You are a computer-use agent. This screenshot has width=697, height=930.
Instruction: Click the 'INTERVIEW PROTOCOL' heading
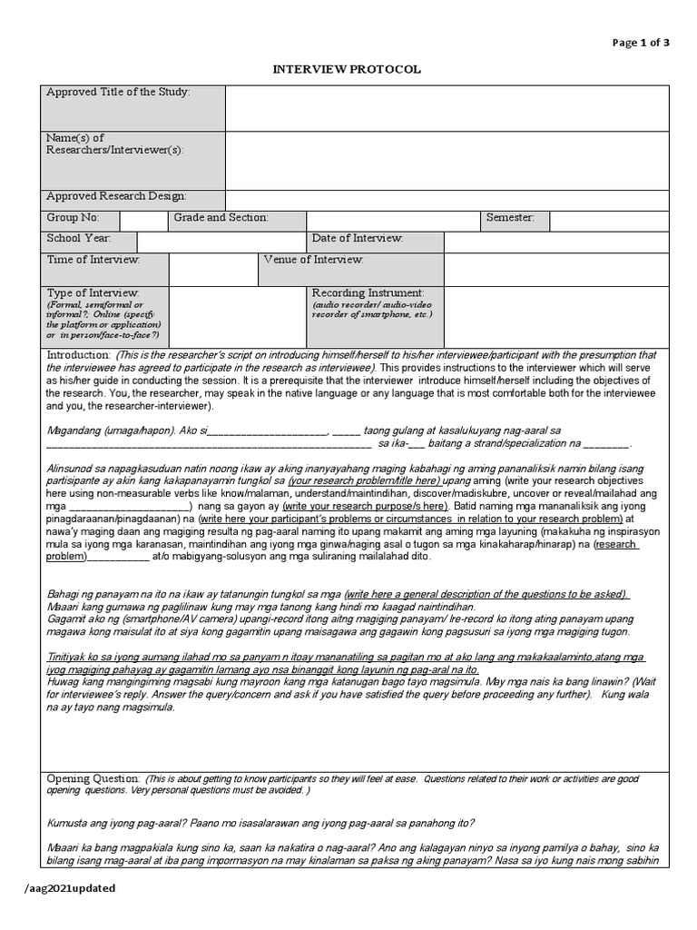(348, 70)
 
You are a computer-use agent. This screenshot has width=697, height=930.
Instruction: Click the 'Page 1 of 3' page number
(641, 43)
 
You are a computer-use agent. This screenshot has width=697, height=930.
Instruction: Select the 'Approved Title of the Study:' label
(118, 93)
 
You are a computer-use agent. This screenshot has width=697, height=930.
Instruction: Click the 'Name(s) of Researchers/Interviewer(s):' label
(114, 143)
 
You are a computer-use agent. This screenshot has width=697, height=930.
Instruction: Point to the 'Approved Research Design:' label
(116, 196)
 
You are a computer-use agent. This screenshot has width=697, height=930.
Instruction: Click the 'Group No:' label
(72, 218)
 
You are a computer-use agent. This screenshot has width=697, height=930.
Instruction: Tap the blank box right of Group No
(143, 221)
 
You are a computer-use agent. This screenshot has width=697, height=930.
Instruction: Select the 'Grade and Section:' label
(221, 218)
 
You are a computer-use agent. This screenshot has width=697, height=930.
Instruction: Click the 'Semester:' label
(510, 218)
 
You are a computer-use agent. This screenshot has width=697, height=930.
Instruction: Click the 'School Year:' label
(79, 238)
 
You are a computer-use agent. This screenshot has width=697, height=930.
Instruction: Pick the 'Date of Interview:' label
(358, 238)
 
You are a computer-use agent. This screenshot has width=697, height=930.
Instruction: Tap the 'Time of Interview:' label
(93, 260)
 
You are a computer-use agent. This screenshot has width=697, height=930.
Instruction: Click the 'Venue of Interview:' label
(313, 260)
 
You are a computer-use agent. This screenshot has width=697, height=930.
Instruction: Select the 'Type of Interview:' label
(93, 292)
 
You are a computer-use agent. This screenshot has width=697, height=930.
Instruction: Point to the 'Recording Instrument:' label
(368, 292)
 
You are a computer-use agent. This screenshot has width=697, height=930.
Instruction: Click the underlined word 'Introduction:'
(78, 354)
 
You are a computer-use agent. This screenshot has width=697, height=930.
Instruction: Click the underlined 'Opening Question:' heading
(93, 779)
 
